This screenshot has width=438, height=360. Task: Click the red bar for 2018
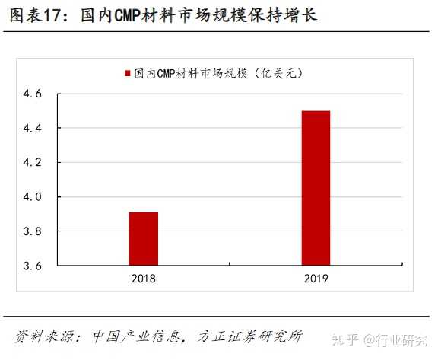pyautogui.click(x=143, y=239)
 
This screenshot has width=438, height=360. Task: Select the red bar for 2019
pyautogui.click(x=316, y=188)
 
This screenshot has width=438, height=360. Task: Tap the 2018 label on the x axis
pyautogui.click(x=143, y=279)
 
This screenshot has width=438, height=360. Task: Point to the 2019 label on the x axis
pyautogui.click(x=315, y=279)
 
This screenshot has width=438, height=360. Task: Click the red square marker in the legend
pyautogui.click(x=126, y=74)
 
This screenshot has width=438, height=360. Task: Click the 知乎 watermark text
pyautogui.click(x=348, y=337)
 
